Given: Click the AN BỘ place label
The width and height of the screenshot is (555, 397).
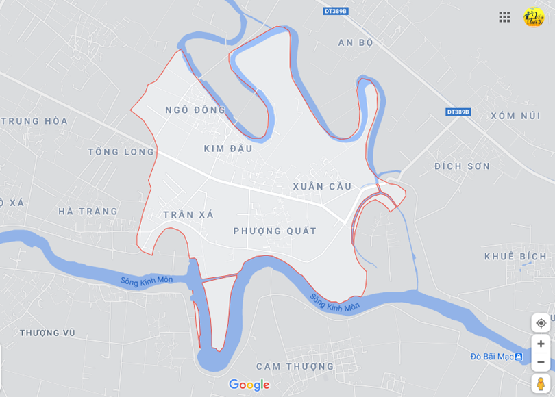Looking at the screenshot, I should (356, 42).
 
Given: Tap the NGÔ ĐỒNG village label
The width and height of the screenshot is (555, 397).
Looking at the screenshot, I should (195, 110).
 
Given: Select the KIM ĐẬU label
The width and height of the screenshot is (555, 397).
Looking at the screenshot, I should (228, 149).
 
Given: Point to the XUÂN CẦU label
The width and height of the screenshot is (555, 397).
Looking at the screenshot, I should (322, 186).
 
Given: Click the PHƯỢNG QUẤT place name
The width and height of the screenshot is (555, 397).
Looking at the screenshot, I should (275, 231).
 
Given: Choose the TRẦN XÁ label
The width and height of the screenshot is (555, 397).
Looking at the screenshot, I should (188, 215).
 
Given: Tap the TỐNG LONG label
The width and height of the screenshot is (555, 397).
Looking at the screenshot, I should (121, 152).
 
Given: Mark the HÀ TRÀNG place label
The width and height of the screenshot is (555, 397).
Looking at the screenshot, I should (88, 212).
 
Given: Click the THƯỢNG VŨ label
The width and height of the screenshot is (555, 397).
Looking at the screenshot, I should (47, 333).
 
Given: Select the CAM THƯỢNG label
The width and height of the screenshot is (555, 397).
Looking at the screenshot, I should (295, 366).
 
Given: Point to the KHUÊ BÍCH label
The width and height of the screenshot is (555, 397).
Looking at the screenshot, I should (515, 257).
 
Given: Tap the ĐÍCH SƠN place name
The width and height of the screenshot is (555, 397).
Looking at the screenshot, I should (463, 166).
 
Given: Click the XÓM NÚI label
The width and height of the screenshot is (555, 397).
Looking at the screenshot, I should (515, 116).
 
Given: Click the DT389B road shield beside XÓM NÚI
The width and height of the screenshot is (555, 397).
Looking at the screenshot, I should (458, 112).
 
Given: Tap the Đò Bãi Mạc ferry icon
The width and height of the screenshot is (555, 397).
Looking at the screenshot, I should (519, 357).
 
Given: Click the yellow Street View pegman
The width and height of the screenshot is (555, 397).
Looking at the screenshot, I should (541, 383).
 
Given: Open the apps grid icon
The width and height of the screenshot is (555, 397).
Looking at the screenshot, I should (504, 17).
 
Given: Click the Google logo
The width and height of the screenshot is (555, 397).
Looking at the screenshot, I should (249, 385).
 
